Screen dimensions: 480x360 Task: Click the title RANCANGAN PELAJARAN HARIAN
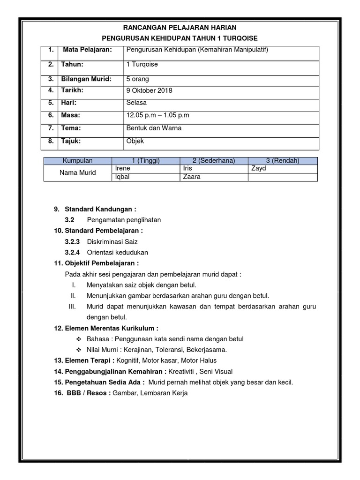coord(180,28)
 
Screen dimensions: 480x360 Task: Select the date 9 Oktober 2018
coord(149,90)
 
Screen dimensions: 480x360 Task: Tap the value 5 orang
coord(138,79)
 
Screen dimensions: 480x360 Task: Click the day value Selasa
coord(136,103)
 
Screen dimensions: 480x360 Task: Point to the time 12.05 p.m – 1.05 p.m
coord(157,115)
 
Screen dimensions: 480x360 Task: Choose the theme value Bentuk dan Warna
coord(154,128)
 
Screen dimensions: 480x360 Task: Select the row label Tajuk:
coord(71,141)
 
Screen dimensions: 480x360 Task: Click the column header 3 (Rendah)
coord(283,160)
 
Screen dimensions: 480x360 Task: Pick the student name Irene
coord(122,168)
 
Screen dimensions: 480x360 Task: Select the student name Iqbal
coord(122,177)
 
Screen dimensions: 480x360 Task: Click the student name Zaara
coord(192,177)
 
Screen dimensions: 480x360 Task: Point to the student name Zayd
coord(258,168)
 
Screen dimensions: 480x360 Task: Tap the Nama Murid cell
coord(78,172)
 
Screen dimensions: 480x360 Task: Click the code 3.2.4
coord(72,252)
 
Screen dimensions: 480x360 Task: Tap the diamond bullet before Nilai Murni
coord(78,350)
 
